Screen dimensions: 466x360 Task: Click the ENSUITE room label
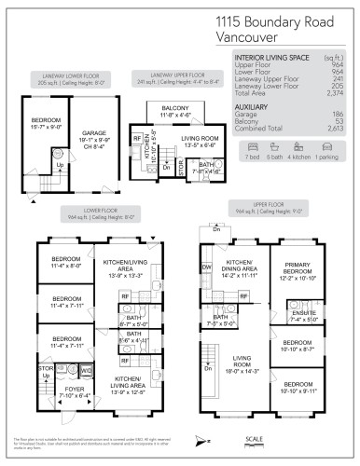306,316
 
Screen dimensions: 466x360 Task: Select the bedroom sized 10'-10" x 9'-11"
298,387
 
